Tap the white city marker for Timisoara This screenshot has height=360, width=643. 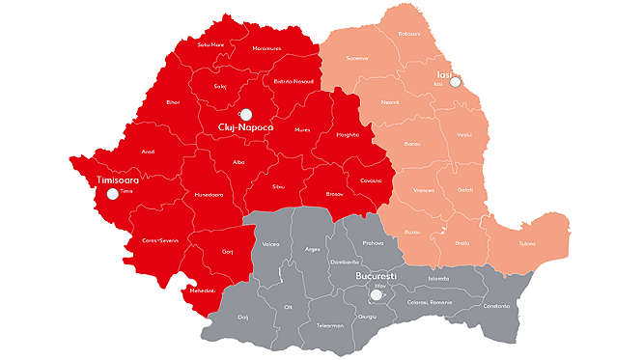tap(113, 193)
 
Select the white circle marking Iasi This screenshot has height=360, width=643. tap(456, 82)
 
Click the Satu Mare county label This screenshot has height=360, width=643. tap(210, 44)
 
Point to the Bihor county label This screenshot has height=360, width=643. tap(174, 101)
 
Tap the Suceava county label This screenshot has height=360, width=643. tap(358, 58)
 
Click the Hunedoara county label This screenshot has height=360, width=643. tap(208, 194)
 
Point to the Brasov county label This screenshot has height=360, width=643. tap(335, 193)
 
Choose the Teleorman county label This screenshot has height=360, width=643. tap(329, 326)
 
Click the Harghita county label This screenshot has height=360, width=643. tap(347, 136)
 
